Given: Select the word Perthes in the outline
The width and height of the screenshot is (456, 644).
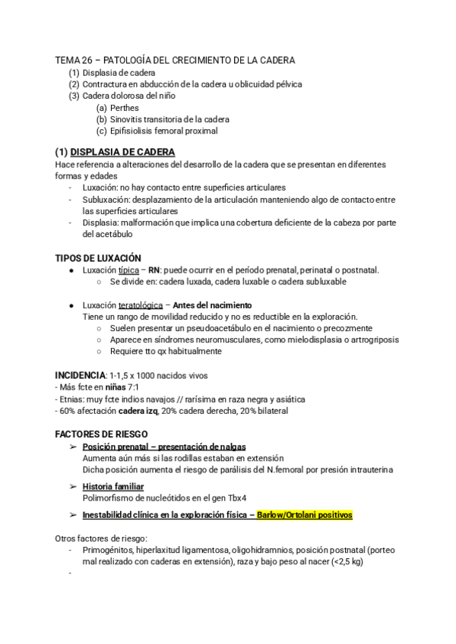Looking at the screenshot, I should [x=124, y=108].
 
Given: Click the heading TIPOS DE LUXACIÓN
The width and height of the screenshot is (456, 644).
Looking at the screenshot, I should [x=98, y=258].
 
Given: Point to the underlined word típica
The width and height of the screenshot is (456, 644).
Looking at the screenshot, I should [x=128, y=270].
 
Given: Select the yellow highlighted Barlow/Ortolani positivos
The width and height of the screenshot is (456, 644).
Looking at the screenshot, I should [x=305, y=515].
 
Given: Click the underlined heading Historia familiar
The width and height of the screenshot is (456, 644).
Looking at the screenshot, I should [x=113, y=486].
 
